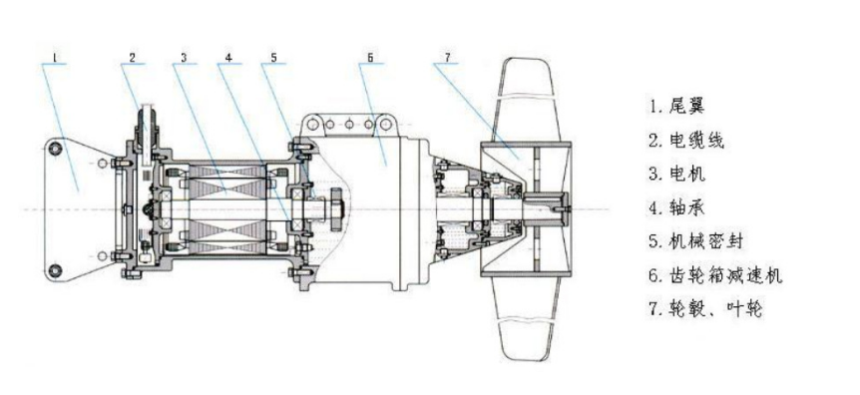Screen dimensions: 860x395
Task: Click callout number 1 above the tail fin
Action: [x=55, y=57]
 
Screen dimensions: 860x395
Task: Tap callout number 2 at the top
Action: [x=132, y=57]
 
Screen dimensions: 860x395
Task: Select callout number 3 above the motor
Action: [x=185, y=57]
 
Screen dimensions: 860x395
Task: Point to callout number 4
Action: [x=228, y=57]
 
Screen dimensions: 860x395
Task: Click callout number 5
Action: [x=273, y=57]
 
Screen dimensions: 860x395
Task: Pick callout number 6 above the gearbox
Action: [x=370, y=57]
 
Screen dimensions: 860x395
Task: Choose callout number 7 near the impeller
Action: [x=448, y=57]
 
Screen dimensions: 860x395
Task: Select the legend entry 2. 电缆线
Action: [x=686, y=140]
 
